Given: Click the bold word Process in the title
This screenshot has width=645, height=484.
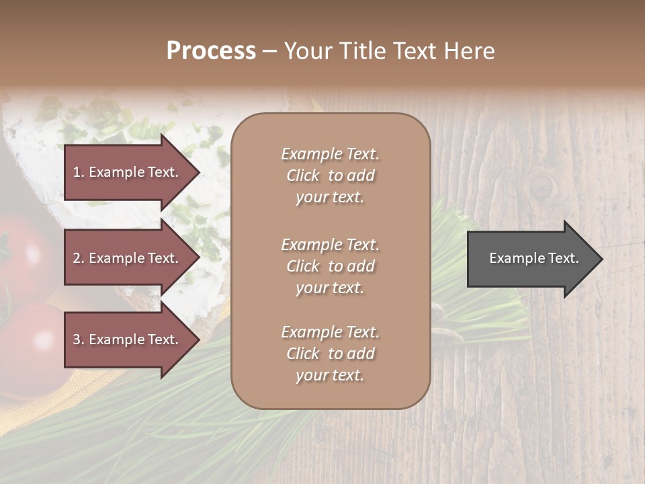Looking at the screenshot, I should (x=211, y=51).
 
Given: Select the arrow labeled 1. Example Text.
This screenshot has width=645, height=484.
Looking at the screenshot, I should (x=128, y=172).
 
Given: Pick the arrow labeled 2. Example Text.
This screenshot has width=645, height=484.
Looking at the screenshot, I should (x=128, y=258).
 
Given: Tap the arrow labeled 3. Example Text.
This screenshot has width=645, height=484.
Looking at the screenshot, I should (x=128, y=339).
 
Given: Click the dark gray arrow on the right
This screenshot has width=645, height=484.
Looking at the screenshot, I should (x=531, y=258).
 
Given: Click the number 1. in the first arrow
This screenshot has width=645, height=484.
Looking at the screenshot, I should (x=79, y=172).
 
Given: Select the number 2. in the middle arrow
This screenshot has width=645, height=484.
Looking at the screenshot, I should (x=79, y=258).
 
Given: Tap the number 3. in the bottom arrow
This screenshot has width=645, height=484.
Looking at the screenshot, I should (x=79, y=339).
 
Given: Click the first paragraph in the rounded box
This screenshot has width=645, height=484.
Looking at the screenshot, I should (x=330, y=175).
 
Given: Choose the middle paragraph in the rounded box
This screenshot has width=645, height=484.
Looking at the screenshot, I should (x=330, y=266).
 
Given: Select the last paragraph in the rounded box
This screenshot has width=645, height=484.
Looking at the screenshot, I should (x=330, y=354).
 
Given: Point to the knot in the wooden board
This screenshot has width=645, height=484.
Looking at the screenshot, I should (x=541, y=184).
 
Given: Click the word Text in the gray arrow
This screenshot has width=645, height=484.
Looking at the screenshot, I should (x=564, y=258).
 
